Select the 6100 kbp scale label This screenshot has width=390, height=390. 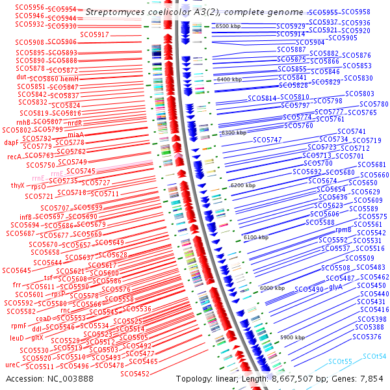[x=255, y=238]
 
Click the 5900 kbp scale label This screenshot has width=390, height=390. [x=292, y=338]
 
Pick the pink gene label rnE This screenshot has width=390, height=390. [x=38, y=177]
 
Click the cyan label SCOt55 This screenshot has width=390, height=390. [x=340, y=361]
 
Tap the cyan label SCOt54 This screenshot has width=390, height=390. [x=374, y=356]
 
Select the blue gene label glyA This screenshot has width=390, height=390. [x=336, y=287]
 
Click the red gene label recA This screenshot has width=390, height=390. [x=14, y=157]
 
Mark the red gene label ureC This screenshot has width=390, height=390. [x=12, y=365]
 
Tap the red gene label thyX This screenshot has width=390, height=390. [x=18, y=186]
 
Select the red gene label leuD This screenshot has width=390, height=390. [x=16, y=338]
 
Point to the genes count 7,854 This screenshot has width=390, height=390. [x=373, y=378]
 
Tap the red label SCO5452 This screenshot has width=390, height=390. [x=135, y=374]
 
